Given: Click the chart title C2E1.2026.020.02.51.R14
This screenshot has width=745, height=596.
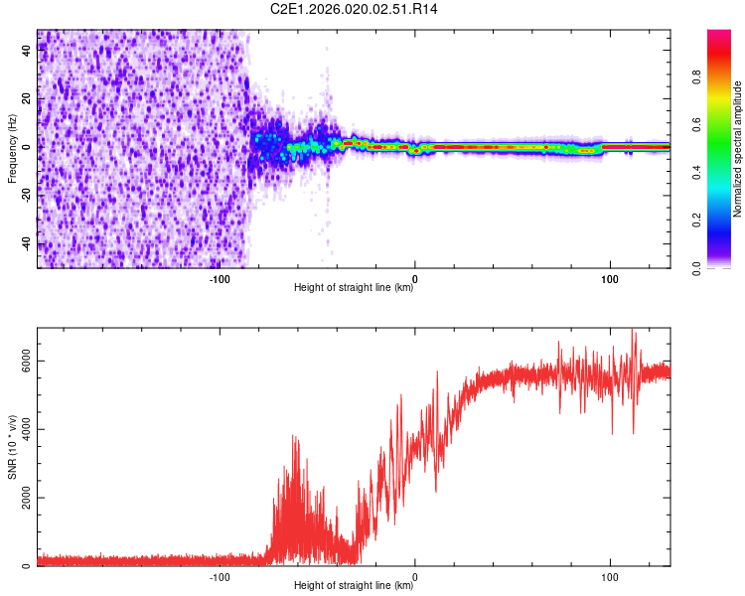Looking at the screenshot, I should coord(354,9).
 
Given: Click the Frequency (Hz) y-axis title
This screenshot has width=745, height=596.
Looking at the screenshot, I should coord(12,148).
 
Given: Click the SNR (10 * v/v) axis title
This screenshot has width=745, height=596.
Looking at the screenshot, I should coord(12,446).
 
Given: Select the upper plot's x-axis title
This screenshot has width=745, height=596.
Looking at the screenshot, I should coord(354,288).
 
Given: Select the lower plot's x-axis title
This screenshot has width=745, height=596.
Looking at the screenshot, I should coord(354,586).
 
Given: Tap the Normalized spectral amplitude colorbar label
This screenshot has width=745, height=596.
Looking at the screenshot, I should coord(737,148).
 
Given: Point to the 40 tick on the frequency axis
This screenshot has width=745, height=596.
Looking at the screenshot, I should coord(28,52).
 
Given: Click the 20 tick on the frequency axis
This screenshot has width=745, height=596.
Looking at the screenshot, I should coord(28,99).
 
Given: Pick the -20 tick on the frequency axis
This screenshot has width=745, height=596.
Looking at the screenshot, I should coord(28,196).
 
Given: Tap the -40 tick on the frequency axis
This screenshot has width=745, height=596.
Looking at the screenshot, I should coord(28,243).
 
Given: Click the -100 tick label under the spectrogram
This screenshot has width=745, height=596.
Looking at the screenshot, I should coord(220,278).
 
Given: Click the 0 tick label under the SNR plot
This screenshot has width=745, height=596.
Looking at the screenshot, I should coord(414,576).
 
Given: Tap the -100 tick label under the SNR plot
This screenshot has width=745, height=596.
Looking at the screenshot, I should coord(220,576).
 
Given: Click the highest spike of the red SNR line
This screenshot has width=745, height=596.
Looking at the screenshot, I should coord(633,331).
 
